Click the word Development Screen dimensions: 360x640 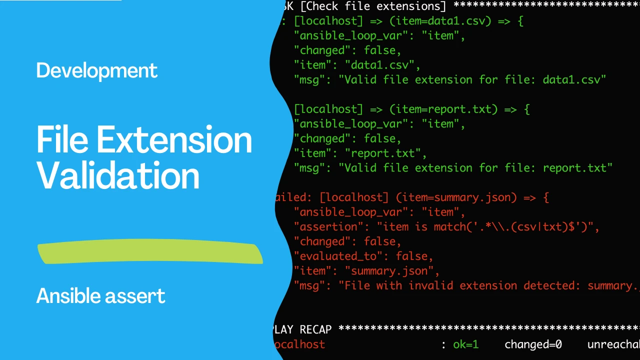point(96,70)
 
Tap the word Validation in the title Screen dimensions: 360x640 point(118,176)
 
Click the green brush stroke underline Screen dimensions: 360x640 point(150,253)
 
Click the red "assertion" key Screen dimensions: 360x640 point(325,227)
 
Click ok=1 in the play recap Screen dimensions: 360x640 point(465,344)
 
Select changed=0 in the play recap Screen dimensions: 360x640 point(533,344)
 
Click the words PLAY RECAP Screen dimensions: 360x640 point(302,329)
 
